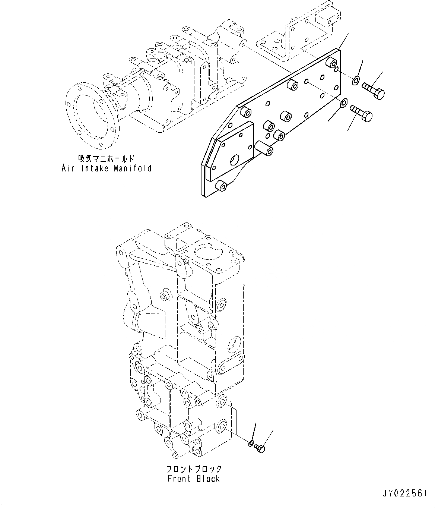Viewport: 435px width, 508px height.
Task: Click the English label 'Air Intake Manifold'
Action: coord(107,168)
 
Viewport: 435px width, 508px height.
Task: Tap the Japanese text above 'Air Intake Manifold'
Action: coord(107,159)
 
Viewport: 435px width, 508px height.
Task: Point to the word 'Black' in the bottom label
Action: coord(208,479)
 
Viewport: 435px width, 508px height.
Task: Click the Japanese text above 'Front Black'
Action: coord(194,469)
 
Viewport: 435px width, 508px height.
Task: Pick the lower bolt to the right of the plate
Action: coord(361,113)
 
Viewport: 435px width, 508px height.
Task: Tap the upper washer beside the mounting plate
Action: coord(356,80)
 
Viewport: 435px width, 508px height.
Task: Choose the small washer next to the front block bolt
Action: coord(251,443)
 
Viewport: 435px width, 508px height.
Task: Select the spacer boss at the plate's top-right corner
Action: coord(331,63)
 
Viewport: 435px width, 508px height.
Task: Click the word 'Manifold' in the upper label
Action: coord(135,168)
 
